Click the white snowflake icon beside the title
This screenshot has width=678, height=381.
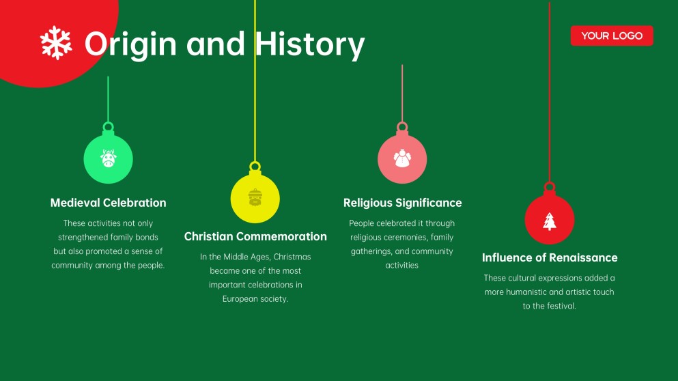56,42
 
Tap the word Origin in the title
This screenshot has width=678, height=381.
130,44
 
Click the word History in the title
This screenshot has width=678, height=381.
310,45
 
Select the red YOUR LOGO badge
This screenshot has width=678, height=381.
612,36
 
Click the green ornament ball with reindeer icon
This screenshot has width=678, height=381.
108,159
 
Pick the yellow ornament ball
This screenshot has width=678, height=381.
255,198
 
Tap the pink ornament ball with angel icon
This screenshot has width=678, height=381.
402,159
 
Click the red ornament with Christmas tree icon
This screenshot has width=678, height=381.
550,220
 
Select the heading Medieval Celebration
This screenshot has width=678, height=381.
108,203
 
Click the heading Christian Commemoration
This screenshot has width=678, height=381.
255,237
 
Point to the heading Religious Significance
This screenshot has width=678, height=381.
402,203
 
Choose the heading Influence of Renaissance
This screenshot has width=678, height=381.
550,258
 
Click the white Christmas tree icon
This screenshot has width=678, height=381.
550,221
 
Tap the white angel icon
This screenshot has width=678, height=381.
402,158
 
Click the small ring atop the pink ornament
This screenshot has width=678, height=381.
402,126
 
